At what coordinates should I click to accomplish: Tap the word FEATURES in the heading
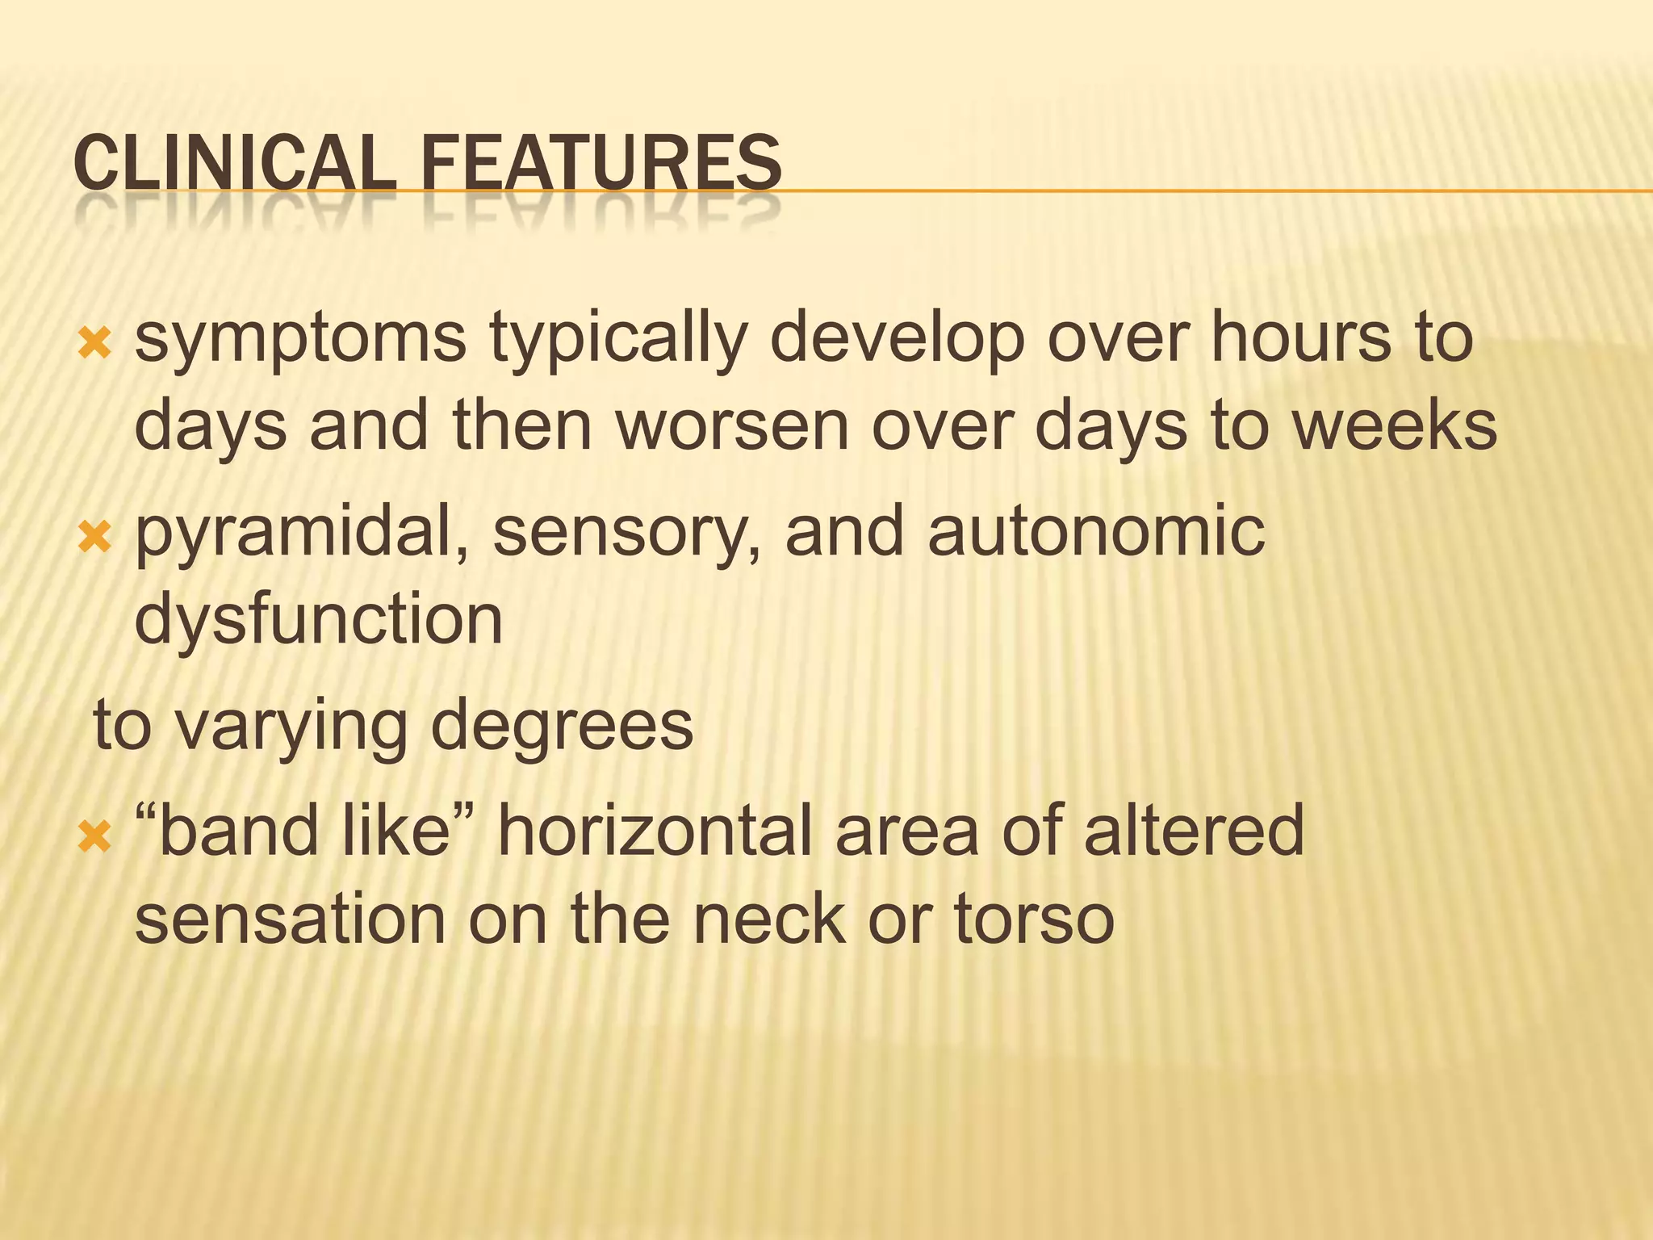(x=601, y=163)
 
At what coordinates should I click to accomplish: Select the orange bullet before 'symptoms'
(x=94, y=345)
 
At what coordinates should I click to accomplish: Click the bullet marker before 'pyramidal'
(x=94, y=536)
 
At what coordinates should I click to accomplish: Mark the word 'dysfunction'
(x=319, y=619)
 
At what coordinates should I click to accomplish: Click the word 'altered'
(x=1194, y=831)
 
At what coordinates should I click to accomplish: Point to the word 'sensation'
(x=290, y=920)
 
